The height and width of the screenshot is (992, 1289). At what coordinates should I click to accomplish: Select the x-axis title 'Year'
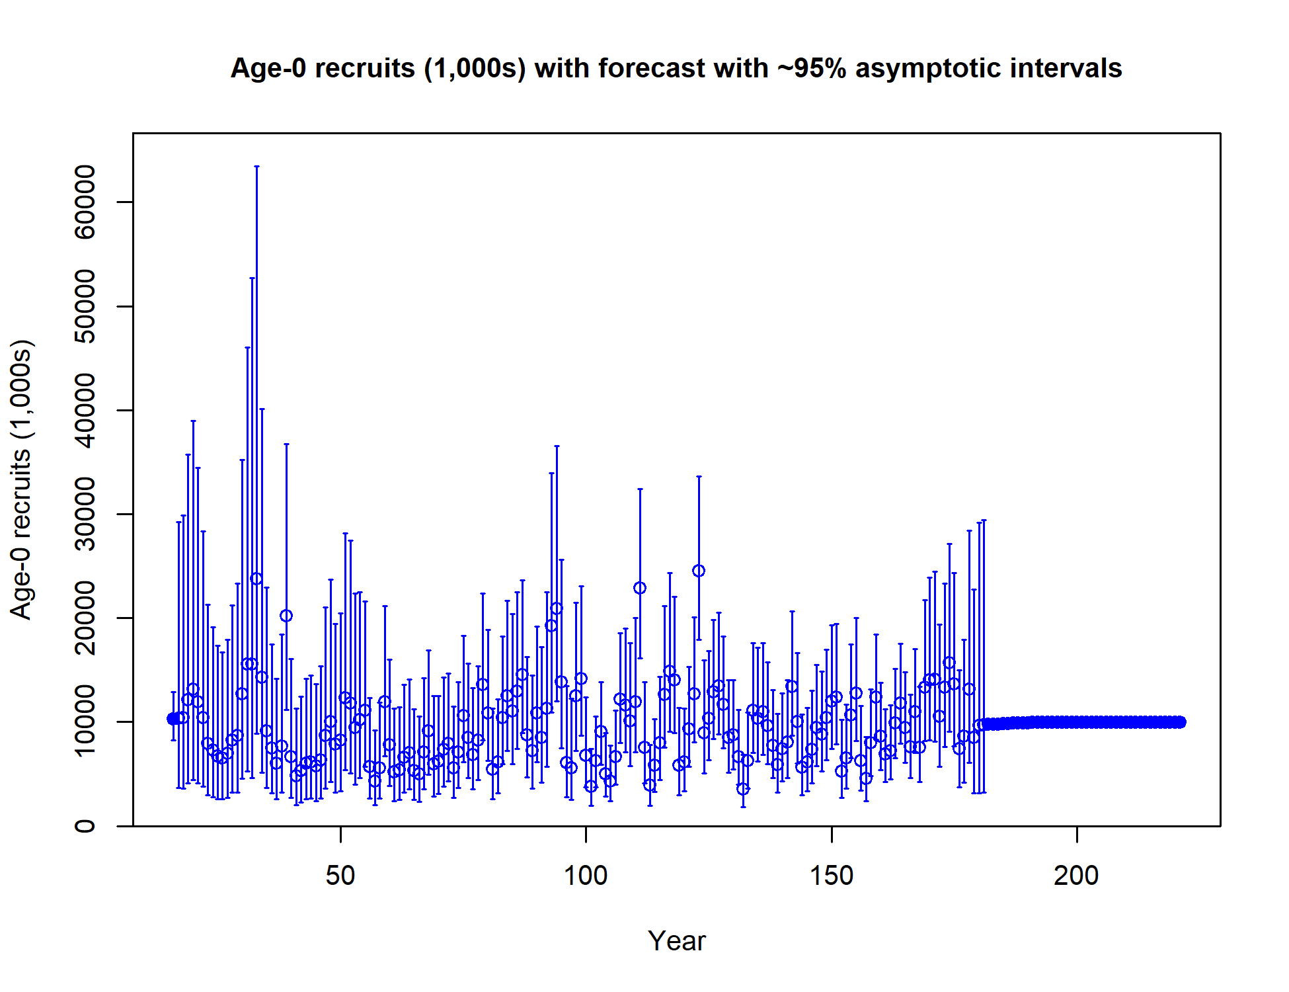[x=676, y=940]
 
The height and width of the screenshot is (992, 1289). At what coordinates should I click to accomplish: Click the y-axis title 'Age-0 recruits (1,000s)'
[x=22, y=479]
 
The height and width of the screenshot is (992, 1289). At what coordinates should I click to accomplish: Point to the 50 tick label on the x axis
[x=340, y=876]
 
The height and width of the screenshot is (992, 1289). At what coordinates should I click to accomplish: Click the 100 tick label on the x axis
[x=586, y=876]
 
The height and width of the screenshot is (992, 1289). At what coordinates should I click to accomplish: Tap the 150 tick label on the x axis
[x=832, y=876]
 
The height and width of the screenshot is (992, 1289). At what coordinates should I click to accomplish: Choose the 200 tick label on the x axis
[x=1077, y=876]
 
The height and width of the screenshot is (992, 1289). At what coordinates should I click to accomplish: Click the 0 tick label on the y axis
[x=85, y=826]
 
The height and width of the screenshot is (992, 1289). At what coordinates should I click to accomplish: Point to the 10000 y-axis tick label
[x=85, y=722]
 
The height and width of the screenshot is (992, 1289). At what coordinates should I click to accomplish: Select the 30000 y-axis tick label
[x=85, y=514]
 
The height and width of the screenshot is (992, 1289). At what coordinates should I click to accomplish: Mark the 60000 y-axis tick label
[x=85, y=202]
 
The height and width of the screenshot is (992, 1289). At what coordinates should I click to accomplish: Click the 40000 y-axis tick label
[x=85, y=410]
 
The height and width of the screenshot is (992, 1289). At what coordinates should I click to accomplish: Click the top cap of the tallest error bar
[x=256, y=167]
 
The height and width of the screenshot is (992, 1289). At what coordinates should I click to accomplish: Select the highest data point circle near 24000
[x=256, y=579]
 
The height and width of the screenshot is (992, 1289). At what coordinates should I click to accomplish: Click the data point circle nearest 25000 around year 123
[x=699, y=571]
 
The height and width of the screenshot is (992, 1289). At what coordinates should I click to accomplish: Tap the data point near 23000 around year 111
[x=640, y=588]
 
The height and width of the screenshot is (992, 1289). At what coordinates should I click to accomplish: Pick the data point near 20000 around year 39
[x=286, y=616]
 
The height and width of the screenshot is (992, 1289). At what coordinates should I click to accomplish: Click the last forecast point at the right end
[x=1180, y=722]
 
